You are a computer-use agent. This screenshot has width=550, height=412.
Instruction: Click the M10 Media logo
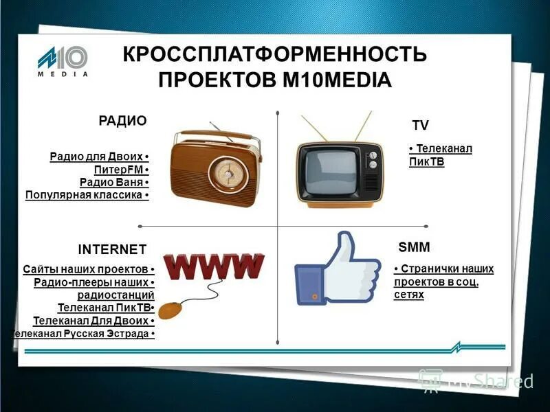[x=63, y=60]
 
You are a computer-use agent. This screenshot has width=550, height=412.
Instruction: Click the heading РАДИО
[x=123, y=121]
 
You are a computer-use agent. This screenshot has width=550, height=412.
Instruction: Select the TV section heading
[x=420, y=125]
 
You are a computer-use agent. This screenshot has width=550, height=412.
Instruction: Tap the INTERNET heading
[x=112, y=248]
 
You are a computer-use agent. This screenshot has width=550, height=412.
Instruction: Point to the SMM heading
[x=414, y=247]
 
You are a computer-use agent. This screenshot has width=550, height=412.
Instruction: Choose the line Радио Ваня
[x=112, y=183]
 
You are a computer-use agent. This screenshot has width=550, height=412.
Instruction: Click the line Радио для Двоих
[x=98, y=157]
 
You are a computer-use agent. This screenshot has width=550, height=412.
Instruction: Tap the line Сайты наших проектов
[x=86, y=269]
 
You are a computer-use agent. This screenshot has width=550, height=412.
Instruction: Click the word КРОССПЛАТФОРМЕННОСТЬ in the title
[x=274, y=55]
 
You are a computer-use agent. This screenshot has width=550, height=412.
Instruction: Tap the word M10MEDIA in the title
[x=337, y=80]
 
